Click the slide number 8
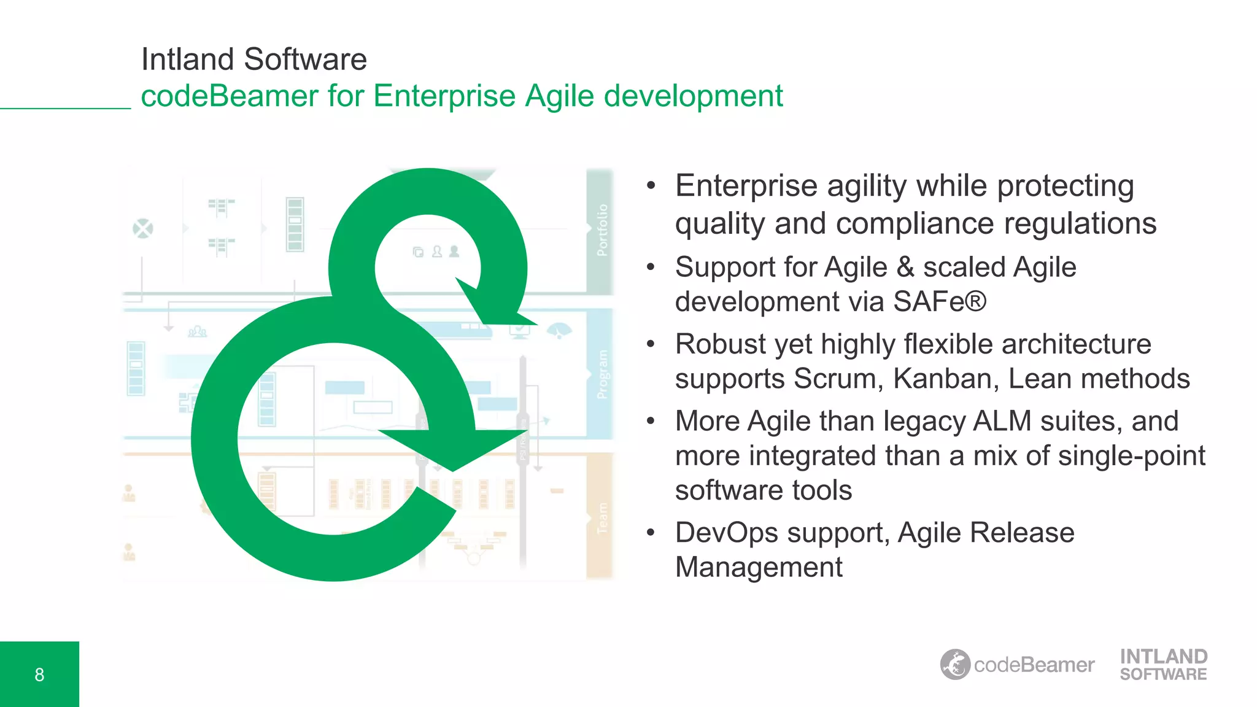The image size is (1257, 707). pos(39,674)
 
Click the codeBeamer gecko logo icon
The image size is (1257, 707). pos(955,665)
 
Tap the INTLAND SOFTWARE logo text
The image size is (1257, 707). pos(1163,665)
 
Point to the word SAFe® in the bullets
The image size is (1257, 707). pos(939,301)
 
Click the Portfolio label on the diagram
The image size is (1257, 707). pos(602,230)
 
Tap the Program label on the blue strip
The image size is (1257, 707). pos(602,374)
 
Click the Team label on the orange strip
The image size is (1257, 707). pos(602,519)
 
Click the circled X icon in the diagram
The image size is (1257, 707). pos(143,229)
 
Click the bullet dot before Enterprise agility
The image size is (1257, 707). pos(651,185)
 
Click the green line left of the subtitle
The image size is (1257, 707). pos(65,109)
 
